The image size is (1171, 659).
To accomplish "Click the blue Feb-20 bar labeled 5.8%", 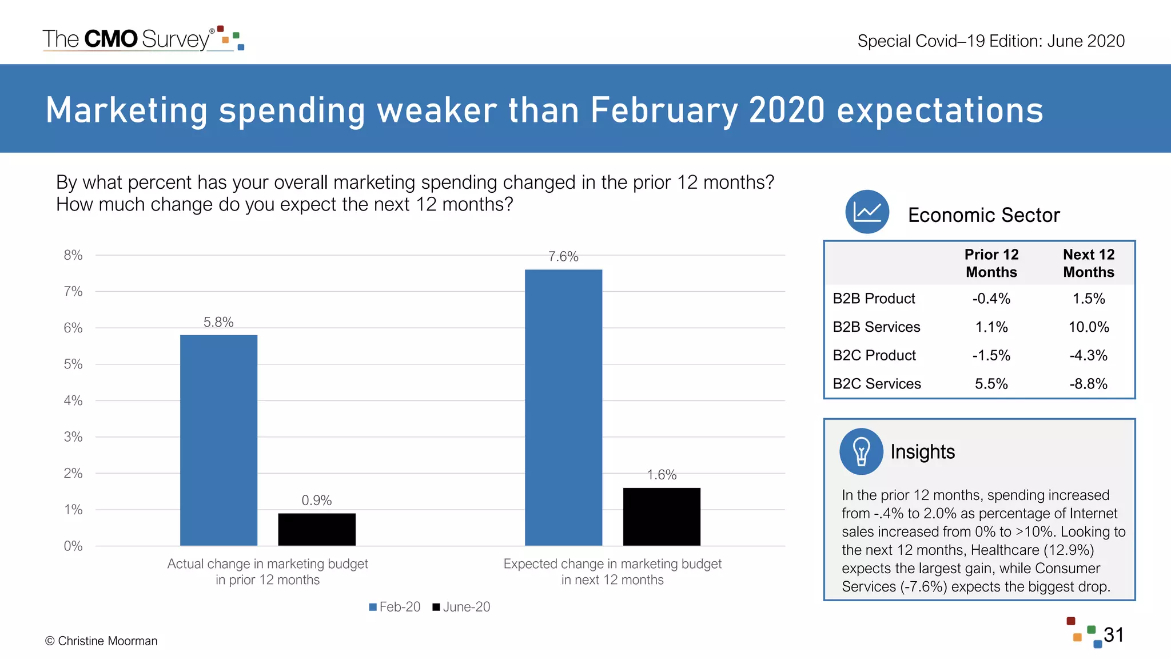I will tap(218, 440).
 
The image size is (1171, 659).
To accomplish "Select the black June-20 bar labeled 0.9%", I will tap(317, 529).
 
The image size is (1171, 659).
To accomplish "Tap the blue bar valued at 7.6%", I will tap(563, 407).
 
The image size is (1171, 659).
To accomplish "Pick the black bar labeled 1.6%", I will tap(662, 517).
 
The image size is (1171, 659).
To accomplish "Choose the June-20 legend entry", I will tap(461, 607).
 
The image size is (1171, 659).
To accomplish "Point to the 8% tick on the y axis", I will tap(73, 255).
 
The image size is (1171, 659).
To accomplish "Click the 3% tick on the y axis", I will tap(73, 437).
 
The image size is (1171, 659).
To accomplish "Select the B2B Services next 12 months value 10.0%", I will tap(1089, 327).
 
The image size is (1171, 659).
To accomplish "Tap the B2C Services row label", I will tap(877, 384).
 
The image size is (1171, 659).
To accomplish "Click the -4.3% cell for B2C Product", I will tap(1089, 355).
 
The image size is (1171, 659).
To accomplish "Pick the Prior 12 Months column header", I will tap(991, 263).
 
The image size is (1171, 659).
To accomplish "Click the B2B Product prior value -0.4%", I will tap(991, 299).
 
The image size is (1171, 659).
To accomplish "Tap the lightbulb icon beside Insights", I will tap(861, 451).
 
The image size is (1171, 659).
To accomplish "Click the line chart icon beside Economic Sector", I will tap(867, 212).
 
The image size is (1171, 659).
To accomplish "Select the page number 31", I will tap(1114, 635).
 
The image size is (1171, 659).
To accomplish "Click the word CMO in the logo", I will tap(111, 39).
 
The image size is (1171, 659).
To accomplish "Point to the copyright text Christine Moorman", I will tap(101, 641).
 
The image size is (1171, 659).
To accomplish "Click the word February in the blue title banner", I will tap(664, 110).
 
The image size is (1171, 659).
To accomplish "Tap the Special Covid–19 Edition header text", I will tap(991, 41).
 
